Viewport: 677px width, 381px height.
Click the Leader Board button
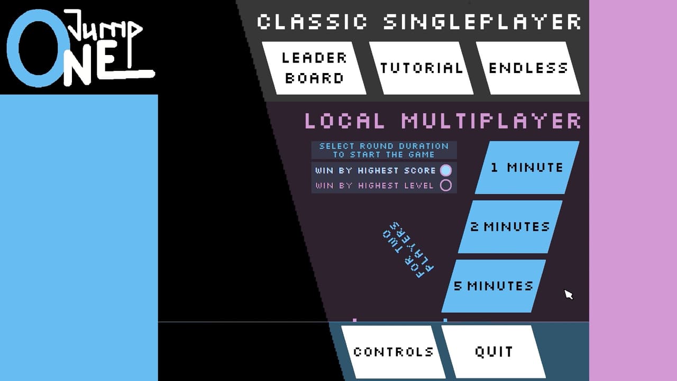(314, 68)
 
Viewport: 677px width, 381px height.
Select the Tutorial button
(422, 68)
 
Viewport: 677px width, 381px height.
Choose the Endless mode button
(528, 68)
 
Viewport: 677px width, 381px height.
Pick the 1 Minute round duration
(527, 168)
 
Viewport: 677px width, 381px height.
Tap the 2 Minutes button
(510, 227)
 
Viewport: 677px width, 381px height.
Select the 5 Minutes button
(493, 286)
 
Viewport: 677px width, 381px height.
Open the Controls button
(394, 352)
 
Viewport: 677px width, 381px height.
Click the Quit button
(493, 352)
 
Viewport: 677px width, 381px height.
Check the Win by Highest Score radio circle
(446, 170)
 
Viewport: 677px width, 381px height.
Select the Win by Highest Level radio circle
(446, 185)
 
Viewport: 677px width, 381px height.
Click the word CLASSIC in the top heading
(312, 22)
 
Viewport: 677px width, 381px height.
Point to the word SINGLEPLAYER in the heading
(482, 22)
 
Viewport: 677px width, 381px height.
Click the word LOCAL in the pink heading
(344, 121)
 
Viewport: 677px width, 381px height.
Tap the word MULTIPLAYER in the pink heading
(491, 121)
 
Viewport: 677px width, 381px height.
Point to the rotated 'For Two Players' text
(408, 250)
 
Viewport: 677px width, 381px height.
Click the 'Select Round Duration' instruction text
(384, 146)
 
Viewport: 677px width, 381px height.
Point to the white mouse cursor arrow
(568, 294)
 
